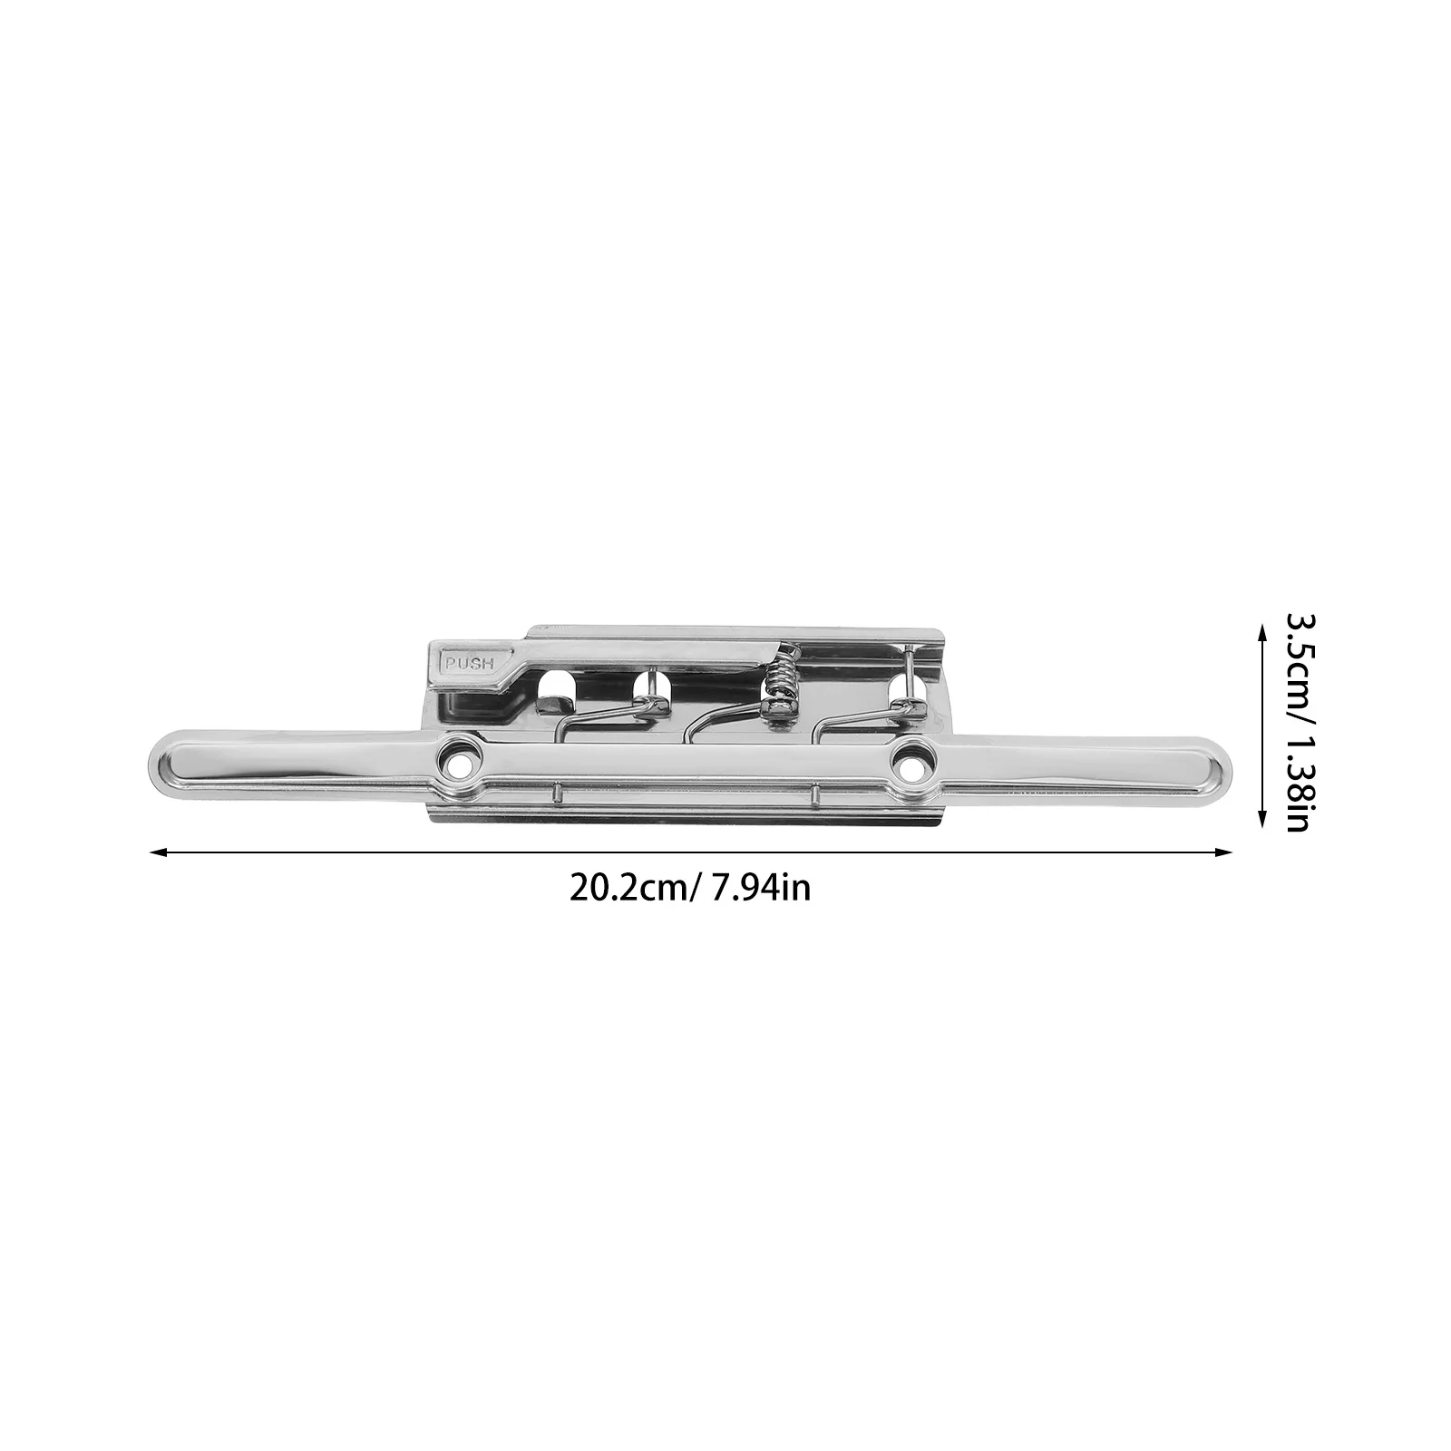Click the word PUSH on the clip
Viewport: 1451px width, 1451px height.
tap(467, 663)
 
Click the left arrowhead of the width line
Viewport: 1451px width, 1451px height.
tap(156, 852)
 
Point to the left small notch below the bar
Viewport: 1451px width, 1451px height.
tap(553, 795)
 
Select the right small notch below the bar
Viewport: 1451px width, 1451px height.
tap(816, 795)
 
